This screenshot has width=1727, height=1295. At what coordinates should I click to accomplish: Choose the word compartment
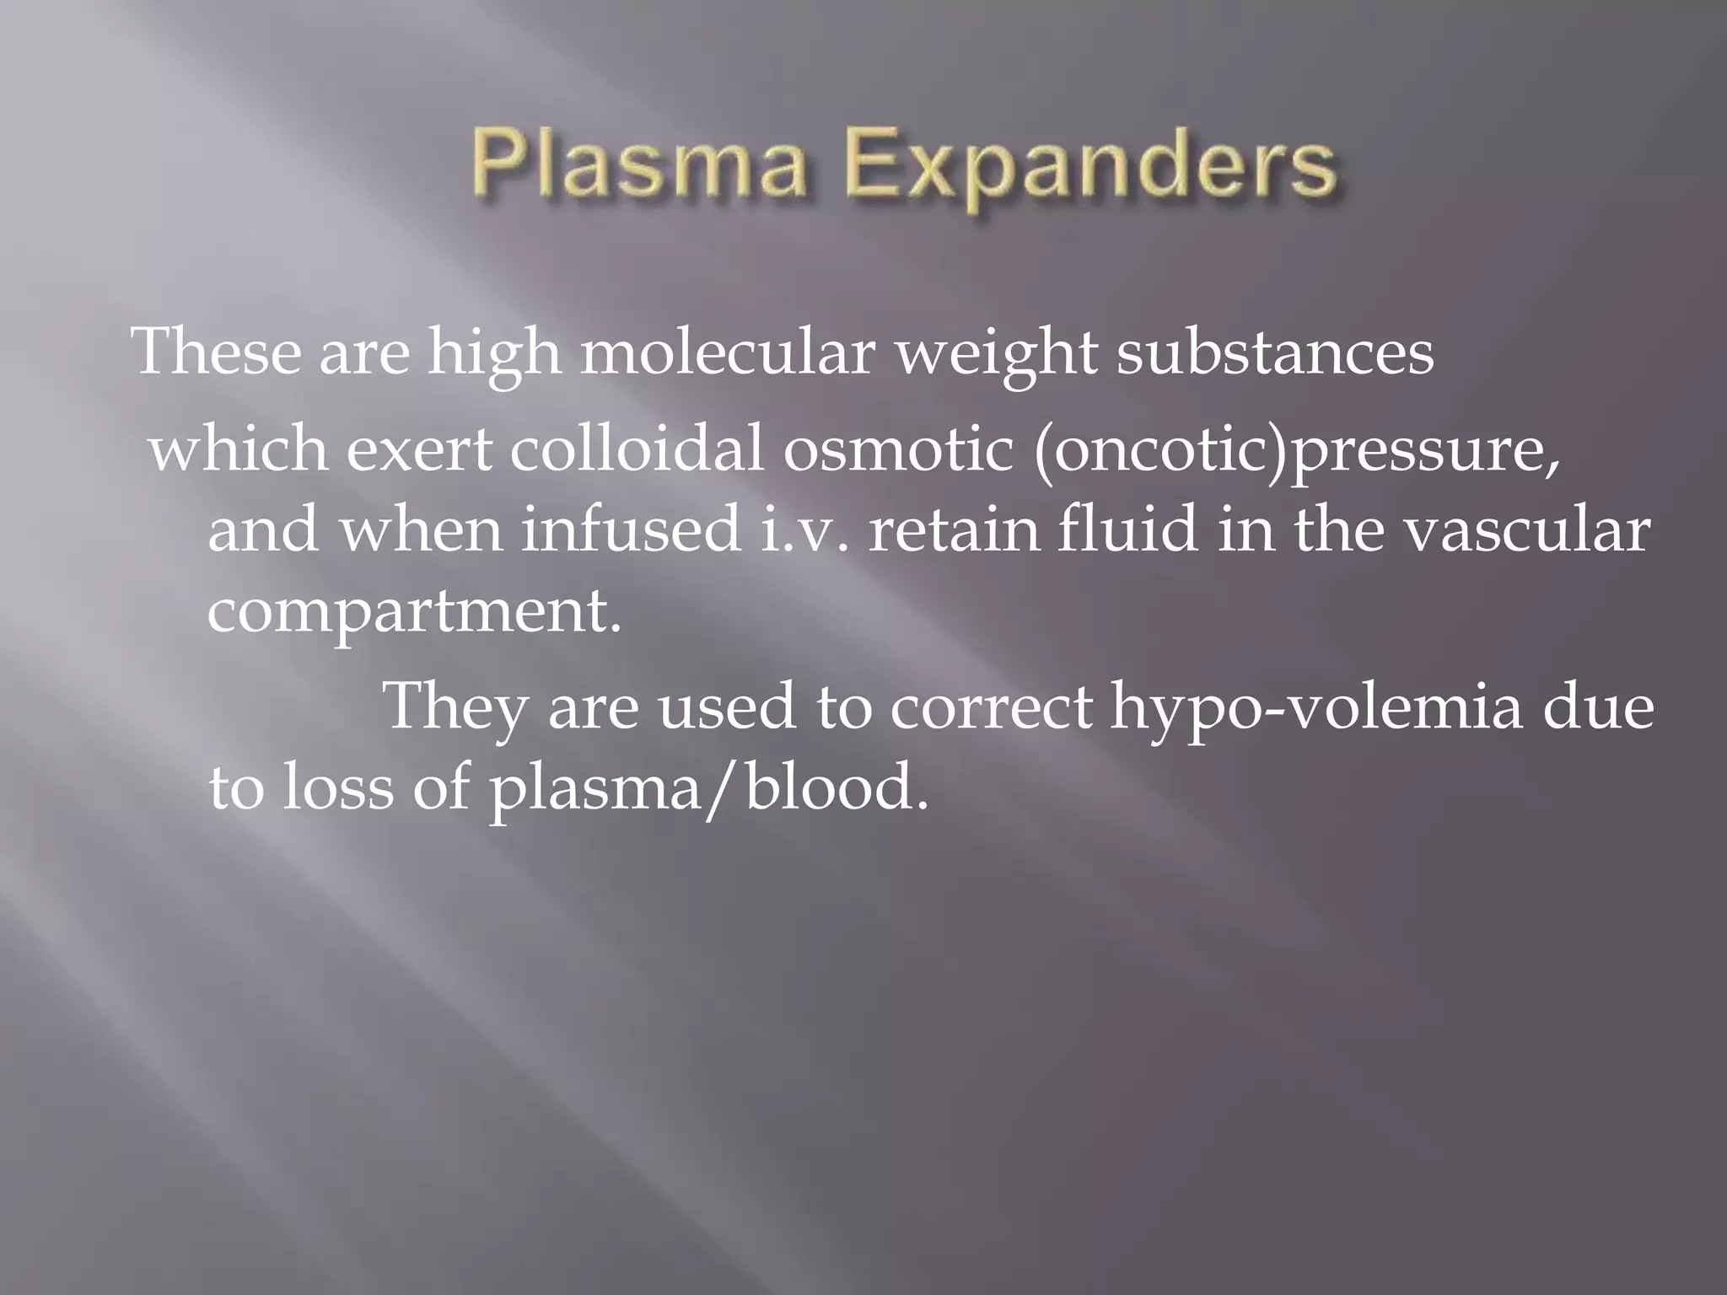(413, 610)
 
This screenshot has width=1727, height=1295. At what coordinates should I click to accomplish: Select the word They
(455, 707)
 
